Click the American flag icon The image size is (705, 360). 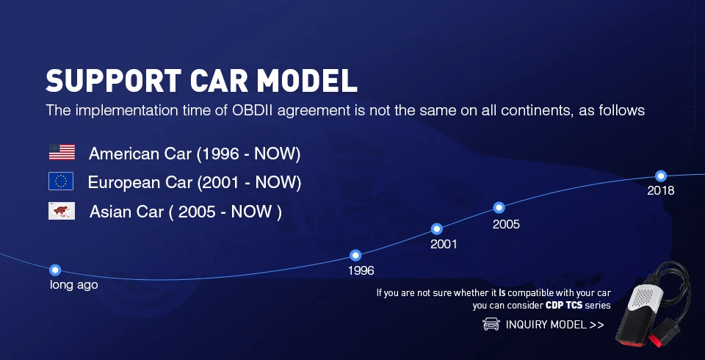[x=62, y=152]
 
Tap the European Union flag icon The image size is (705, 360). [x=61, y=181]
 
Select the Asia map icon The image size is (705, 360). [x=62, y=211]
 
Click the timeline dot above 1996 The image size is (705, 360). [x=355, y=256]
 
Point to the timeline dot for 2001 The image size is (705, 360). [x=436, y=229]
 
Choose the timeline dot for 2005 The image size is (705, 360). [x=499, y=207]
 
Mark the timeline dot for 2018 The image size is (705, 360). [x=660, y=176]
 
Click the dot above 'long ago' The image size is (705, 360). [x=55, y=270]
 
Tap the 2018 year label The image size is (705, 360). [x=660, y=191]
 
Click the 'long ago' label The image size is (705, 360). [x=73, y=285]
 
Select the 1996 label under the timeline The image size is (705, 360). [x=361, y=270]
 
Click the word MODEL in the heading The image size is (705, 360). [x=307, y=81]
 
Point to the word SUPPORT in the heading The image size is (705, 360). [x=113, y=81]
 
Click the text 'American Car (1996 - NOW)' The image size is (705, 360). [x=194, y=154]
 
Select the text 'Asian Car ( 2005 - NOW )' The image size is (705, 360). [x=185, y=212]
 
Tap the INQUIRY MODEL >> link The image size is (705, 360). [x=554, y=325]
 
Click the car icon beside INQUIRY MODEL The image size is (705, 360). [x=491, y=324]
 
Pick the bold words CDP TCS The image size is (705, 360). [x=564, y=306]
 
